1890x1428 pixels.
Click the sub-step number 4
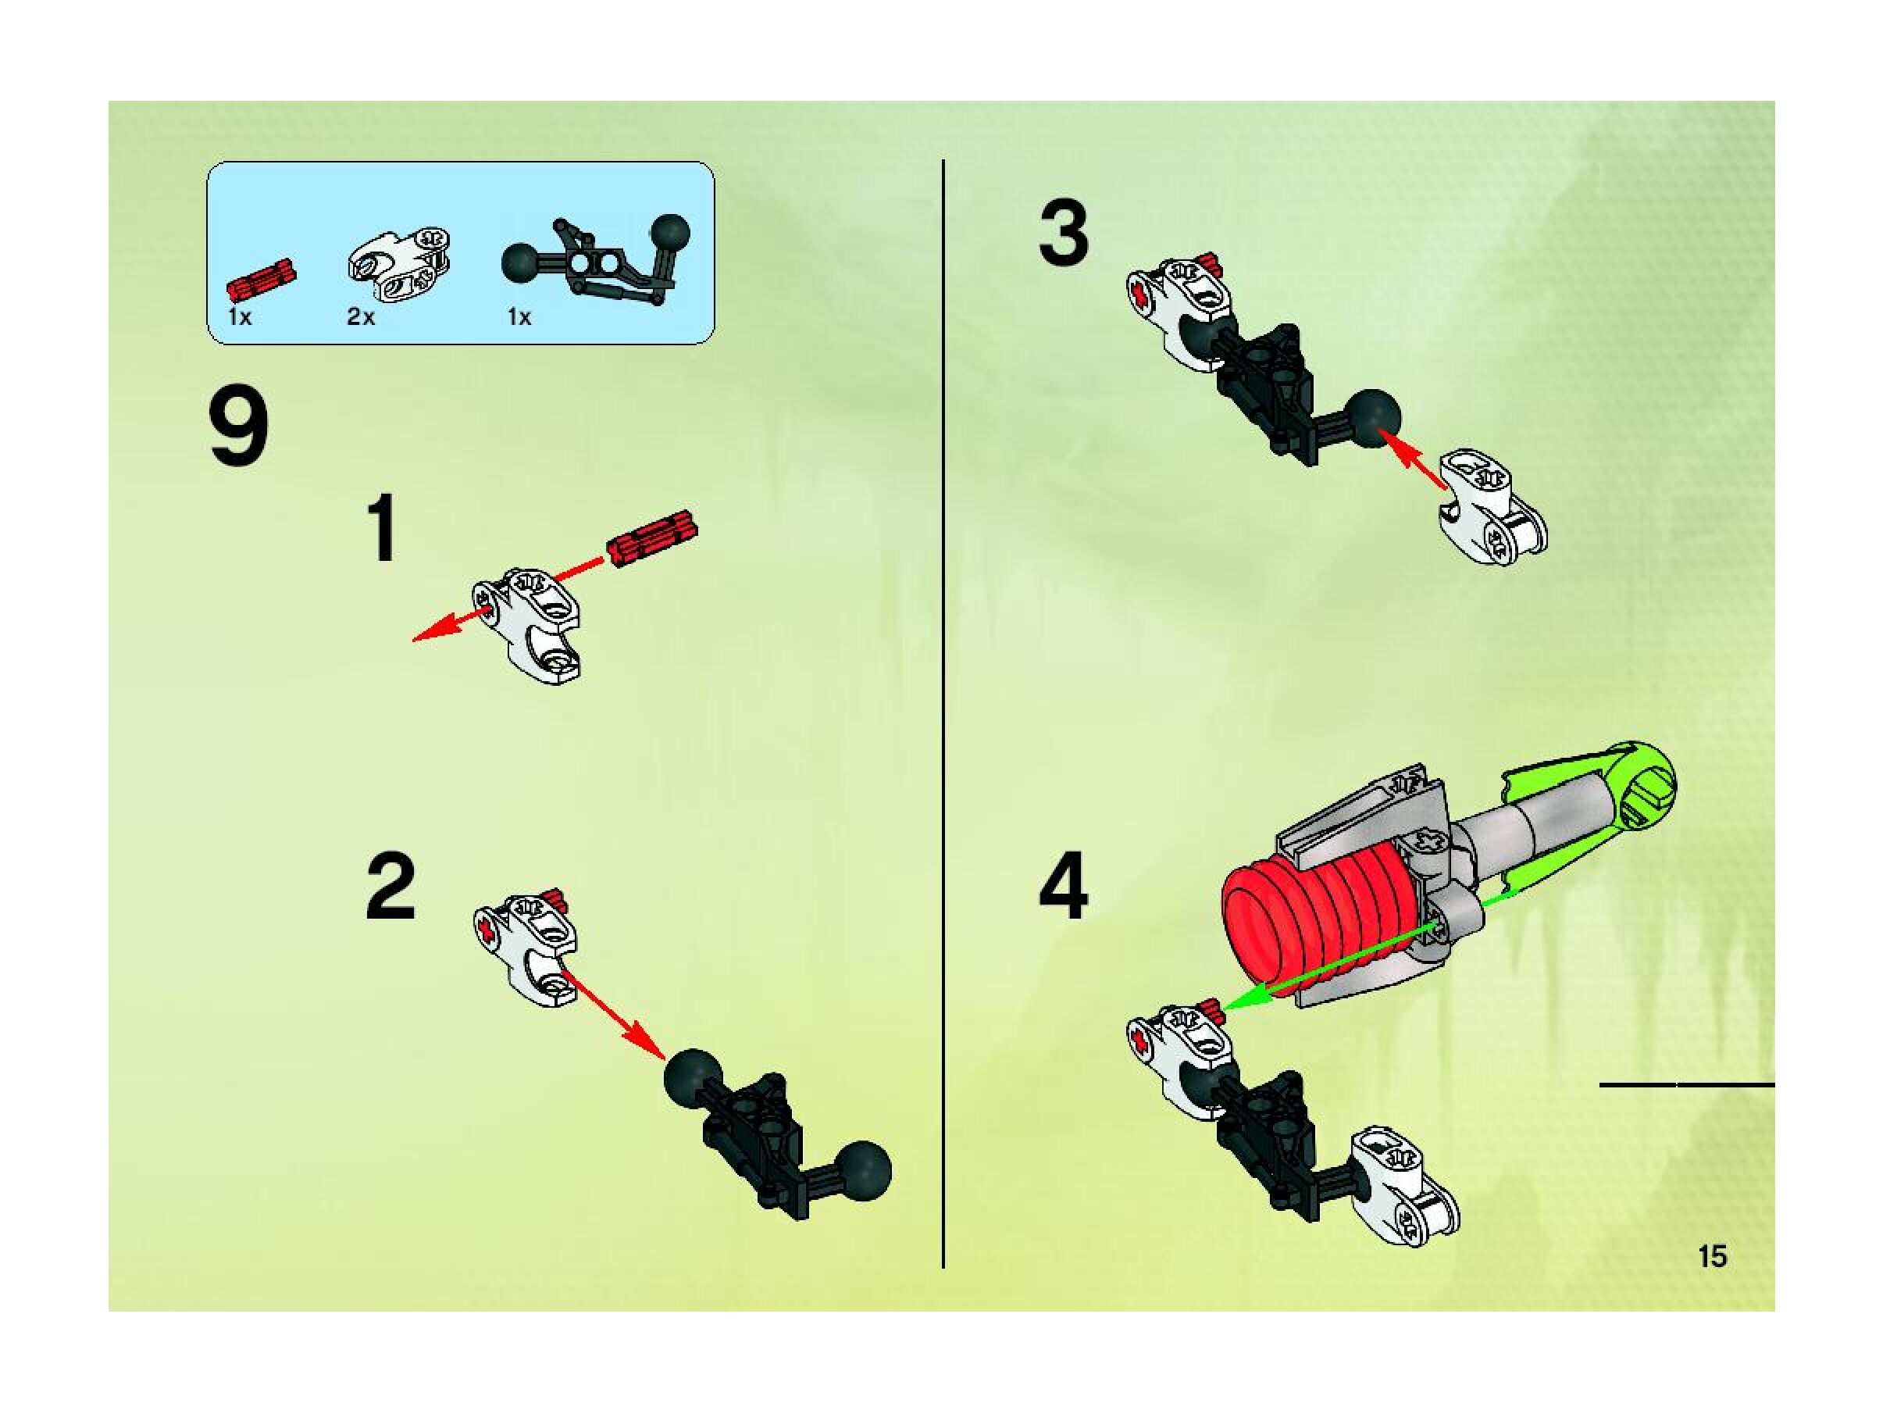tap(1064, 887)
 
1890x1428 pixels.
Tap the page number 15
tap(1712, 1256)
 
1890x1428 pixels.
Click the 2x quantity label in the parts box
tap(361, 317)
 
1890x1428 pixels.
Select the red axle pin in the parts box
tap(261, 278)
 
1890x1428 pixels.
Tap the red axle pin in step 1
tap(652, 537)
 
